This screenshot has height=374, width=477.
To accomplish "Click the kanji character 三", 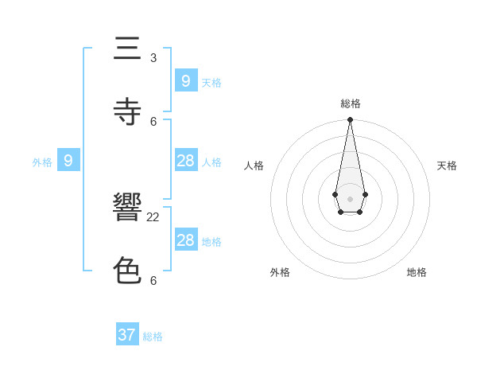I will [126, 50].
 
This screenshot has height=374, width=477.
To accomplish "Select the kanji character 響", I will [126, 209].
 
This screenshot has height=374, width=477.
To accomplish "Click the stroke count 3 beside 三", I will [153, 58].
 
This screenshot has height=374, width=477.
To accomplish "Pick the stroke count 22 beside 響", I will [153, 217].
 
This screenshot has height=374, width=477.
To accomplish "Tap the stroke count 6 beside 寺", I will [153, 121].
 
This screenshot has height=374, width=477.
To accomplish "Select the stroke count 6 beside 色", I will [153, 280].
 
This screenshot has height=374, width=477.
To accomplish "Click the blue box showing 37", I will [127, 335].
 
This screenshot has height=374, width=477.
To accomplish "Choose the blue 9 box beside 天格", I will [185, 80].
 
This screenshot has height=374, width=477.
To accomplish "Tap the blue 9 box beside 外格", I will [68, 161].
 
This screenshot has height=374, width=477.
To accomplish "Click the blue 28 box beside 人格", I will [185, 161].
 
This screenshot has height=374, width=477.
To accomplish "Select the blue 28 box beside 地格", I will [185, 240].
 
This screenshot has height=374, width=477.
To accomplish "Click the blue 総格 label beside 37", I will [153, 337].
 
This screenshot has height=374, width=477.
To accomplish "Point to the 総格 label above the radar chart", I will [351, 103].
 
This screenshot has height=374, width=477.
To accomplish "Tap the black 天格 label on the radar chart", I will [447, 166].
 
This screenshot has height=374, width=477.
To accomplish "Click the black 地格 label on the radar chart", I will [417, 272].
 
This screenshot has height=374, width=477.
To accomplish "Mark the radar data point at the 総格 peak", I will [350, 119].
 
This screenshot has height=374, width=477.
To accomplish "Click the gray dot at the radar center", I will [350, 199].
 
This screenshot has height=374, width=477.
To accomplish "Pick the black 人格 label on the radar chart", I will [254, 166].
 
